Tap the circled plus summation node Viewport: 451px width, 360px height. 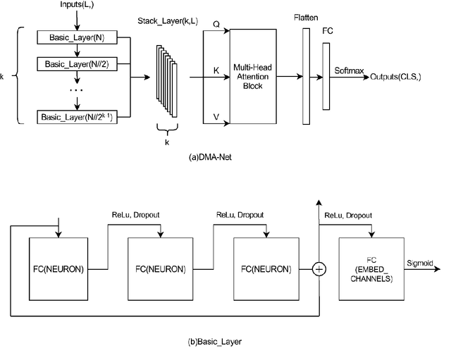(x=319, y=268)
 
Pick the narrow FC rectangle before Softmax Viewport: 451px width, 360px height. (x=326, y=76)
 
